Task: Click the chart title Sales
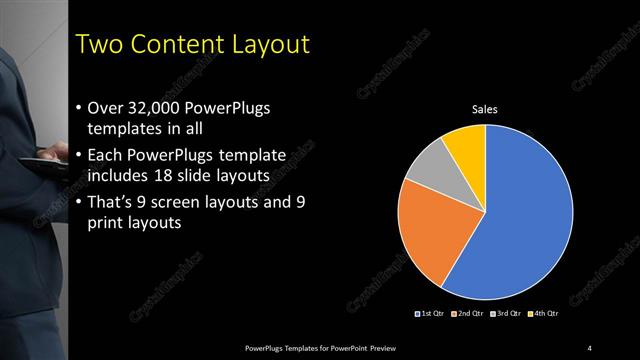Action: tap(485, 109)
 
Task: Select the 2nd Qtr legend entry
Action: tap(469, 314)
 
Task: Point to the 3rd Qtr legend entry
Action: tap(506, 314)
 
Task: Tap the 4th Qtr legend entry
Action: tap(543, 314)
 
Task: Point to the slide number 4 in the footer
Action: tap(590, 347)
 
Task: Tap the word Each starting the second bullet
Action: tap(107, 156)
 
